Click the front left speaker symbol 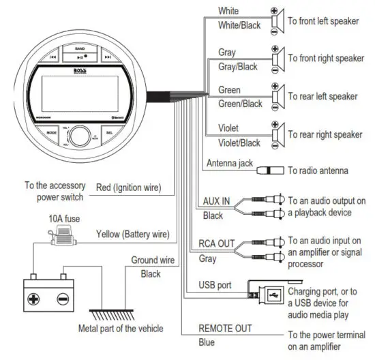277,21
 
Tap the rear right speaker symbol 277,134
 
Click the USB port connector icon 265,295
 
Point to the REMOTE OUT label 226,328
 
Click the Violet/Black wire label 239,142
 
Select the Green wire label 229,89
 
